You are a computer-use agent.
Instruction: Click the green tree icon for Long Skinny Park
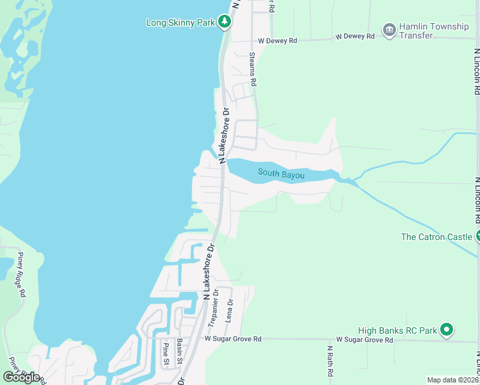coord(224,22)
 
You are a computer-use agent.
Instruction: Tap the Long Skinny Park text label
coord(180,22)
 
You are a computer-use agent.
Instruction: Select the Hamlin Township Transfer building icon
coord(389,30)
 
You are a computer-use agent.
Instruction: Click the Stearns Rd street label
coord(253,69)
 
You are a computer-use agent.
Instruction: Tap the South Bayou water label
coord(281,173)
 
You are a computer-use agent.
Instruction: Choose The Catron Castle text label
coord(436,237)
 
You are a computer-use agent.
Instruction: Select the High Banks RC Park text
coord(398,330)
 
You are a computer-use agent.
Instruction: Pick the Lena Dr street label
coord(230,310)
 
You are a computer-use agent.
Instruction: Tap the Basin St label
coord(180,351)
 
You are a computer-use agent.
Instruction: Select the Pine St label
coord(166,354)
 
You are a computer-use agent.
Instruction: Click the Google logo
coord(21,377)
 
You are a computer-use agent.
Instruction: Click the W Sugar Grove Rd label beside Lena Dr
coord(233,338)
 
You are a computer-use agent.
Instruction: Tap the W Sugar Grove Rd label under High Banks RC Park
coord(364,339)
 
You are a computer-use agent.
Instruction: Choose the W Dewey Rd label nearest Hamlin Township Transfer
coord(355,37)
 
